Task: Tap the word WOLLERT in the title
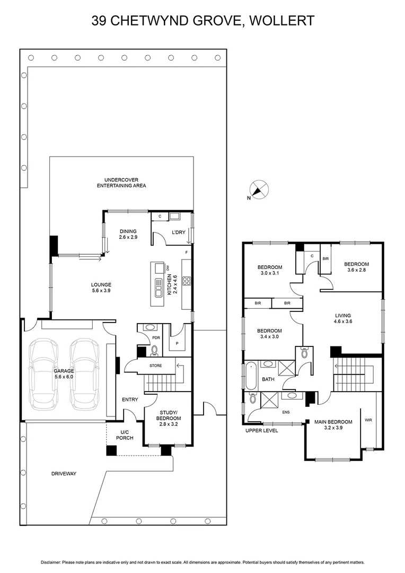282,21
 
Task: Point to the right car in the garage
85,374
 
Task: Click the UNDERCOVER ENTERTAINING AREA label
121,183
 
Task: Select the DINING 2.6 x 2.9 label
128,234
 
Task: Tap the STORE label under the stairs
155,366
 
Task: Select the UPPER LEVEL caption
261,430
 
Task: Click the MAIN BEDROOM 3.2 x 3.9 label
333,426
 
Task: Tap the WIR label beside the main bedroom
368,420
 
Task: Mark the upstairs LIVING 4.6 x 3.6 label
342,318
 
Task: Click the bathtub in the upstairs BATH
250,379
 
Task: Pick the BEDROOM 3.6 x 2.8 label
356,267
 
